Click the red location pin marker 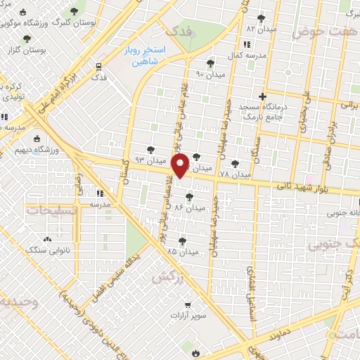point(181,166)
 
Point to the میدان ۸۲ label point(260,28)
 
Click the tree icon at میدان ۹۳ point(150,149)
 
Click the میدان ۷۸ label point(235,174)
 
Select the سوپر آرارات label point(187,316)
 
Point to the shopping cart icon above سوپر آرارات point(188,304)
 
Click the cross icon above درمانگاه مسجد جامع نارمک point(262,96)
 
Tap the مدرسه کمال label point(245,55)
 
